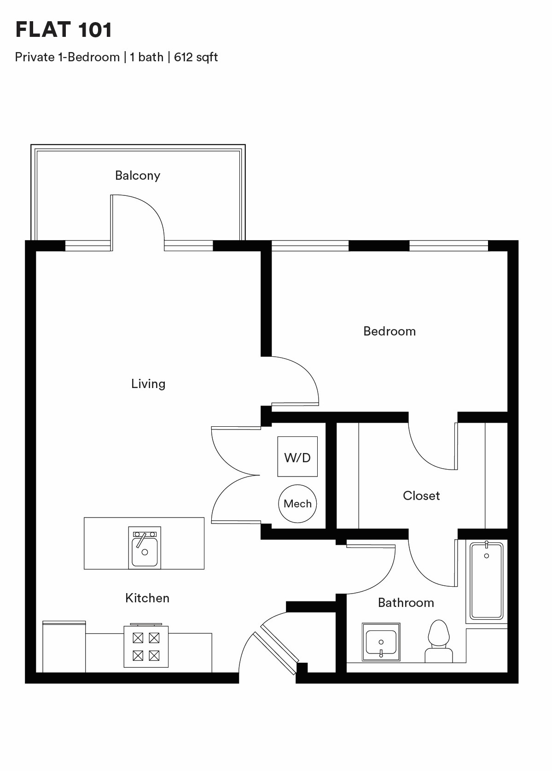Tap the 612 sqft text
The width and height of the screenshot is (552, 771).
click(196, 57)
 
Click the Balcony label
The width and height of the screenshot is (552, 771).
click(138, 176)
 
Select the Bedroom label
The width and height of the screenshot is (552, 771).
click(389, 331)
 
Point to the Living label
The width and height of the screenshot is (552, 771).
click(148, 384)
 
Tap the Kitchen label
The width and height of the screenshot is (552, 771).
click(147, 598)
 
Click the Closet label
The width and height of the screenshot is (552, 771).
click(421, 496)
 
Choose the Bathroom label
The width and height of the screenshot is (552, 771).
click(406, 603)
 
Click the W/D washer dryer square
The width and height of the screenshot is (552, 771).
click(297, 457)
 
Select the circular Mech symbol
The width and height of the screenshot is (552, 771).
click(297, 504)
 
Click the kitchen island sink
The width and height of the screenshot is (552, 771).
click(145, 547)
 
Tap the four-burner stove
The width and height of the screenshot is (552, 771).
click(146, 646)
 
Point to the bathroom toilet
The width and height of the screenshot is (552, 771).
click(439, 641)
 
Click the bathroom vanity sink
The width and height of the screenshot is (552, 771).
click(381, 642)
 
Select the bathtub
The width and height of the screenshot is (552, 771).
click(487, 580)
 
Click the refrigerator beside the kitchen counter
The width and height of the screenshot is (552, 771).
click(64, 647)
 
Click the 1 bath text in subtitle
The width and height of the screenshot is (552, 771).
click(146, 57)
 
